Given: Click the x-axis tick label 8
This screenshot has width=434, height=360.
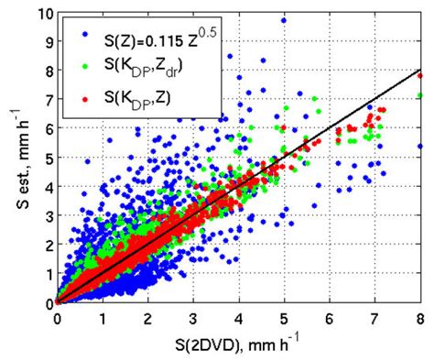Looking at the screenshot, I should pos(420,318).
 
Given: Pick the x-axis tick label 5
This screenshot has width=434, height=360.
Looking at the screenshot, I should pos(284,318).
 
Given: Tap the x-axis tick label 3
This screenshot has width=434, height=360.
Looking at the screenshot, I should pos(193,318).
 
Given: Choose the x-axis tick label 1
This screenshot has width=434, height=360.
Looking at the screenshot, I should pos(103,318).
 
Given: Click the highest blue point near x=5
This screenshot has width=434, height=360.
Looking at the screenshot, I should pos(284,20).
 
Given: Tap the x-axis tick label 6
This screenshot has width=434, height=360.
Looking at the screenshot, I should pos(330,318).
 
